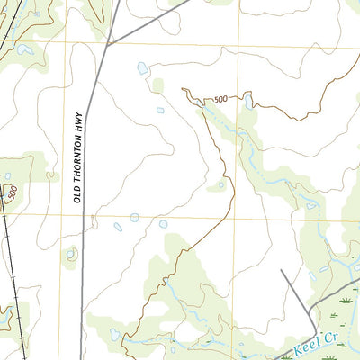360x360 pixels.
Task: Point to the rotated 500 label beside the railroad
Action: [x=12, y=193]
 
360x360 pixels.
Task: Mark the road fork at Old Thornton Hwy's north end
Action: [x=108, y=44]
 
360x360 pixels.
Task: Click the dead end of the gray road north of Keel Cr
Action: [x=282, y=270]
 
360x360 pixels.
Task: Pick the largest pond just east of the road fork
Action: [x=142, y=68]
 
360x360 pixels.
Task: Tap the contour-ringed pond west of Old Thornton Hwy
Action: [x=70, y=254]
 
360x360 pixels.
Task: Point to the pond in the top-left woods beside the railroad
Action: [x=22, y=51]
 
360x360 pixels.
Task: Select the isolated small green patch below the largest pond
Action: [x=158, y=86]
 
